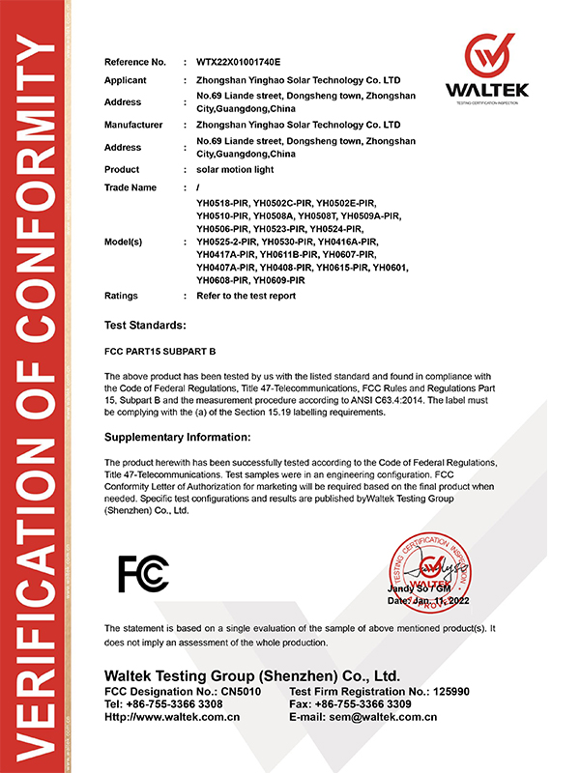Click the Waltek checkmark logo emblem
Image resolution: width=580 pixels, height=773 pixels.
click(x=486, y=56)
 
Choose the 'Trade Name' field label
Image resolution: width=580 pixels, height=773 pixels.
click(x=130, y=187)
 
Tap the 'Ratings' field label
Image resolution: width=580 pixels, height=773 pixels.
click(x=121, y=296)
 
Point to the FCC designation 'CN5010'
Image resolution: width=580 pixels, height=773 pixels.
click(x=240, y=692)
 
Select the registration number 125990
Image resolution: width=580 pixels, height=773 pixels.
click(x=449, y=692)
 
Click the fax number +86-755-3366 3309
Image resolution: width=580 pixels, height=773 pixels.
click(x=368, y=704)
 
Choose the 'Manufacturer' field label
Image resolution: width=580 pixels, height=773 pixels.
click(x=133, y=125)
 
